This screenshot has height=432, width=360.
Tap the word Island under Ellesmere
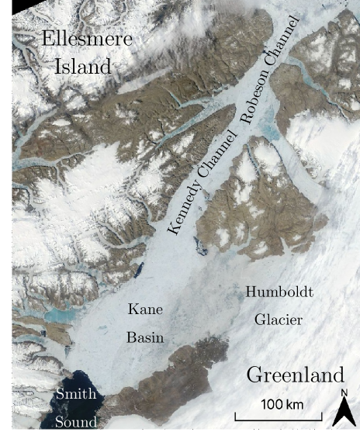pyautogui.click(x=83, y=67)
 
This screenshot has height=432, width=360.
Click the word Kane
pyautogui.click(x=146, y=310)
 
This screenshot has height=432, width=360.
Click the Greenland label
pyautogui.click(x=295, y=376)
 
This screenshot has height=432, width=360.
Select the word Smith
pyautogui.click(x=76, y=395)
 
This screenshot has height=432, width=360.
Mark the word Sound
pyautogui.click(x=76, y=422)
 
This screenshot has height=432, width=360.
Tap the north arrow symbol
pyautogui.click(x=344, y=412)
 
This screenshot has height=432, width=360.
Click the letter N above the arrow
pyautogui.click(x=344, y=393)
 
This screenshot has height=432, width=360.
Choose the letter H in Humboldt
pyautogui.click(x=251, y=293)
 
